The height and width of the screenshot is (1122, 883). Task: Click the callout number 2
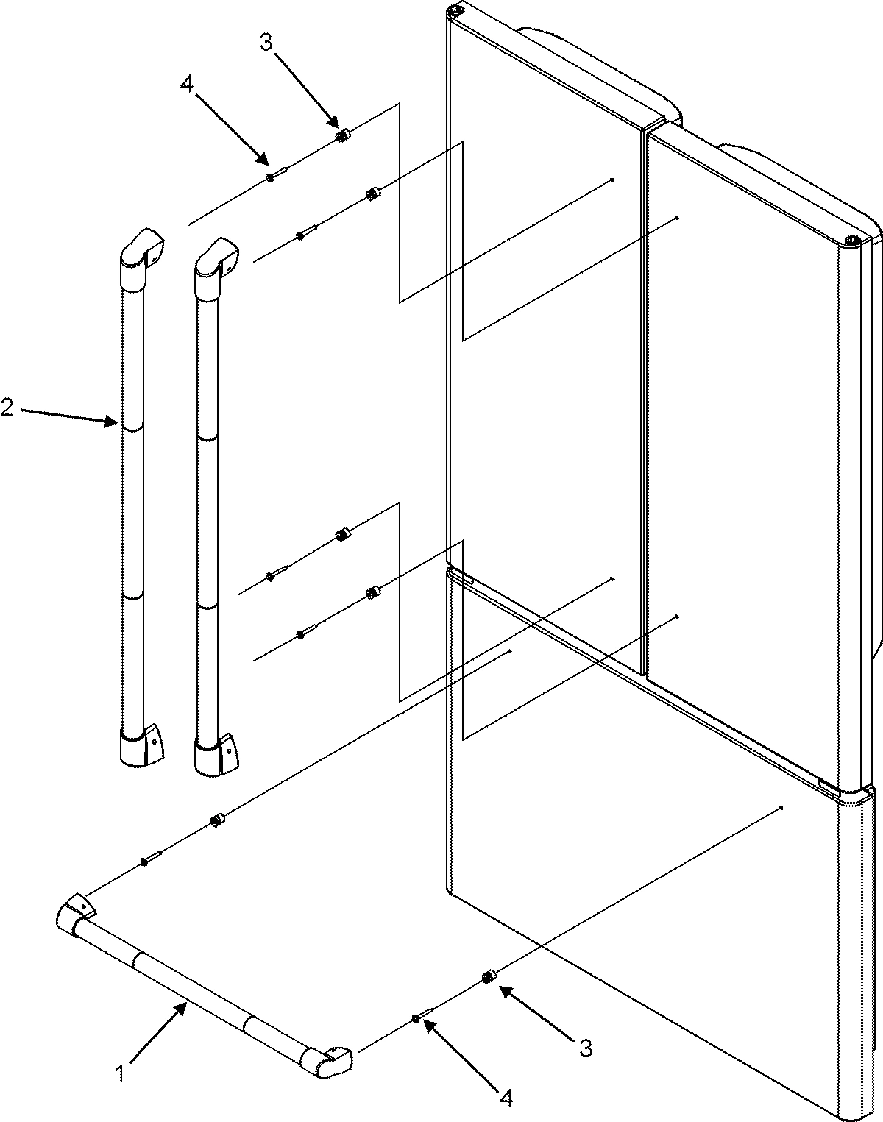pos(7,406)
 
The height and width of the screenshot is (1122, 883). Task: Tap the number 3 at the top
pos(266,42)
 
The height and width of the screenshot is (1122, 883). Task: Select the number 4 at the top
pos(187,85)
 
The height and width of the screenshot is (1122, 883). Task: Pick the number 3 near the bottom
pos(586,1048)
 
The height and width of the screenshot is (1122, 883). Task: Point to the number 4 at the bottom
pos(506,1098)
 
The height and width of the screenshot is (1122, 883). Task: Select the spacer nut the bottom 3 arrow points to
pos(487,976)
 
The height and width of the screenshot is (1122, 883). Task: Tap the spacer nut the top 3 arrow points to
pos(342,135)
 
